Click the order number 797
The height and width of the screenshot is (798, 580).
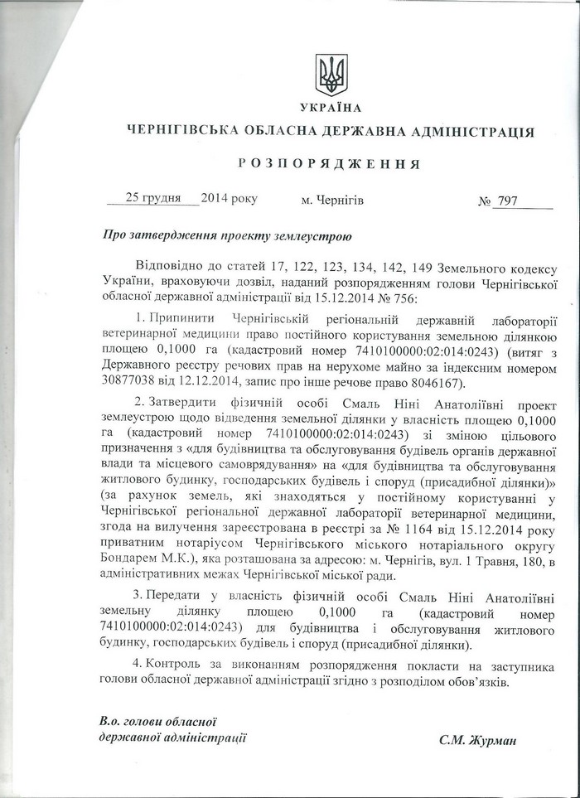click(508, 201)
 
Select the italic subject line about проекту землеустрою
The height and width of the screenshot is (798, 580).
click(227, 235)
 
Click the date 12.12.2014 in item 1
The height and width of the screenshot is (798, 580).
click(201, 382)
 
